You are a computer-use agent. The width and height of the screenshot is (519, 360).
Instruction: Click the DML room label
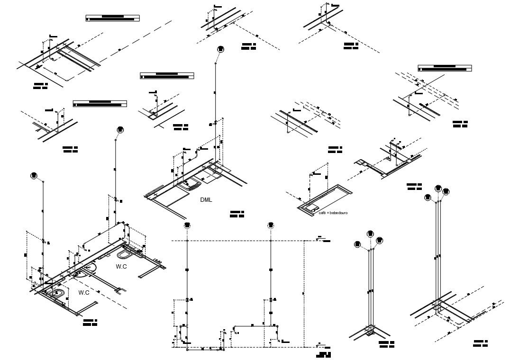pos(206,200)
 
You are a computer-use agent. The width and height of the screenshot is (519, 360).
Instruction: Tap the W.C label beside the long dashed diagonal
pos(121,267)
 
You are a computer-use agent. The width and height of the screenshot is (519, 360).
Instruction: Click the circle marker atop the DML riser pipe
pos(220,49)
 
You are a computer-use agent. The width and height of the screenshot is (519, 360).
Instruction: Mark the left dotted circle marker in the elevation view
pos(188,225)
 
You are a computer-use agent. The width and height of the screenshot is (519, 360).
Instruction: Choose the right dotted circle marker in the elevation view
pos(271,225)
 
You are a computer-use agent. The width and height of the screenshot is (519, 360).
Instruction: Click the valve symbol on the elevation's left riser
pos(188,300)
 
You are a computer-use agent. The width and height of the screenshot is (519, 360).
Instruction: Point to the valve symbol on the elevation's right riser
pos(271,300)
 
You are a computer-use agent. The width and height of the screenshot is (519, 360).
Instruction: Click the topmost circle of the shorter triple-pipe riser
pos(371,234)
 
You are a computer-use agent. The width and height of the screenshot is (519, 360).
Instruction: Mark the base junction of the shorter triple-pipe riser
pos(370,331)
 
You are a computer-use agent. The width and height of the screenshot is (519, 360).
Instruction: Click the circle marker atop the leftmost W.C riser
pos(34,176)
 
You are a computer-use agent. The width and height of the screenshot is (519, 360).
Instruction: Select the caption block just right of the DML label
pos(237,214)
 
